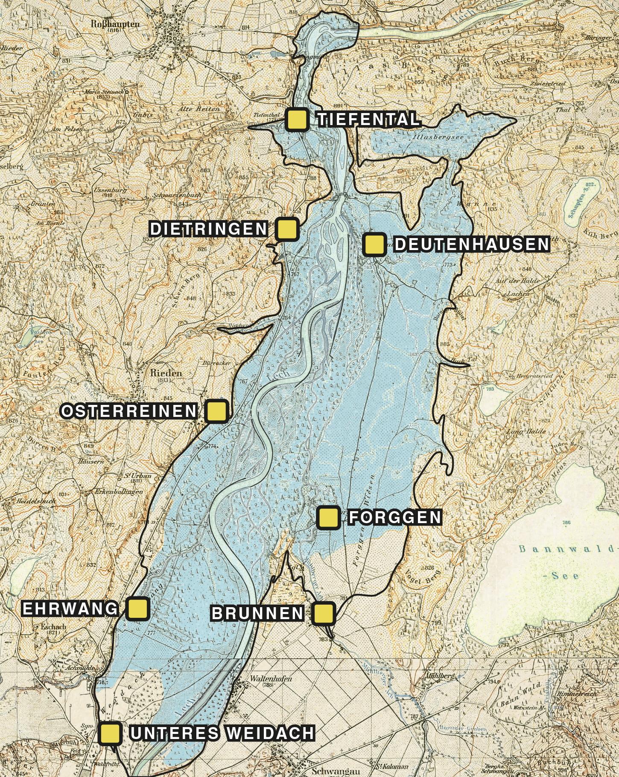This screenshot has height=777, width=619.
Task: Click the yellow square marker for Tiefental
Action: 297,119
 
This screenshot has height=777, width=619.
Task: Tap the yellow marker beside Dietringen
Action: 287,229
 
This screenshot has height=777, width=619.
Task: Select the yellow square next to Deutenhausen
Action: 374,244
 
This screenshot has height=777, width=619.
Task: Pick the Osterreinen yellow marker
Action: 217,411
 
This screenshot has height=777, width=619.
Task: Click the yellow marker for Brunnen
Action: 323,613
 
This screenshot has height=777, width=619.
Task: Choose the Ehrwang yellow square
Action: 138,608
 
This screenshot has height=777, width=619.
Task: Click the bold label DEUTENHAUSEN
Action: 471,244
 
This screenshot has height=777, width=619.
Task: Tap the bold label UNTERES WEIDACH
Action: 222,733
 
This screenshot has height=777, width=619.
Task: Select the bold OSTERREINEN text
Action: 129,411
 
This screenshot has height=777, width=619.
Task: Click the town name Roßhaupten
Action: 115,24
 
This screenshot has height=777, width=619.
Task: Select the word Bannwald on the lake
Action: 566,549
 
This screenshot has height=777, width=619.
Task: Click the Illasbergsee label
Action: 438,138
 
